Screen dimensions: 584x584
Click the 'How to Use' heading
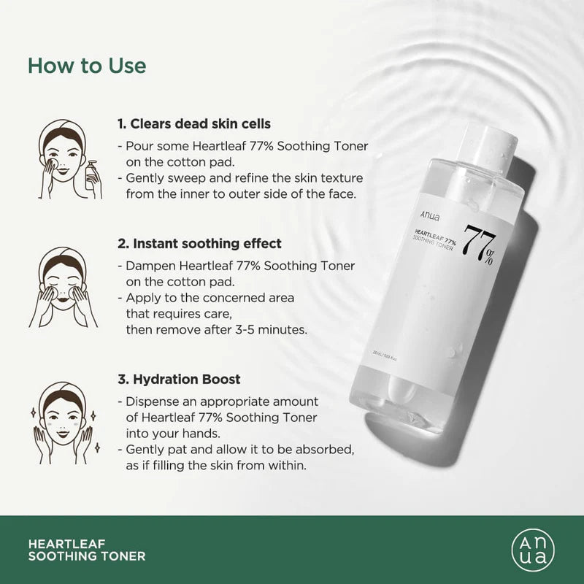(87, 65)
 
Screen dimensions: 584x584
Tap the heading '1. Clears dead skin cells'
(194, 124)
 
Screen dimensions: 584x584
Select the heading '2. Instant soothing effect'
(199, 243)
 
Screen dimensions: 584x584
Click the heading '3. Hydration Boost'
(179, 380)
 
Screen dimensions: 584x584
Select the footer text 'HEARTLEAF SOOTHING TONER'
(86, 550)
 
